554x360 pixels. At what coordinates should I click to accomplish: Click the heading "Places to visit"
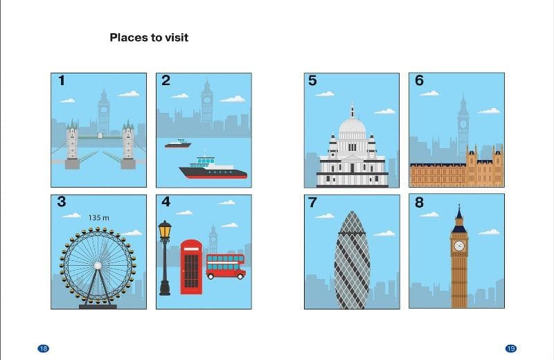149,37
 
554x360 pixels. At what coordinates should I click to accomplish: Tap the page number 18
43,349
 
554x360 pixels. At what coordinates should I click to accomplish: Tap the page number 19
510,349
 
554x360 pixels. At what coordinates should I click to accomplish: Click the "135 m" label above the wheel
98,217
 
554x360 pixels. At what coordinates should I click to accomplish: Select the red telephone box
191,267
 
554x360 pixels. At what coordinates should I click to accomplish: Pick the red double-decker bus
226,267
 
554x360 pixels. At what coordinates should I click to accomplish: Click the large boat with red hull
213,168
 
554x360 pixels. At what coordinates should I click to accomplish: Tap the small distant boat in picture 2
178,143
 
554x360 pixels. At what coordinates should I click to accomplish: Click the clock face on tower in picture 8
459,246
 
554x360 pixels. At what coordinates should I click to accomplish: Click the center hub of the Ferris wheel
98,265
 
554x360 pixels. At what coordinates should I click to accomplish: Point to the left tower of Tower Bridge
72,144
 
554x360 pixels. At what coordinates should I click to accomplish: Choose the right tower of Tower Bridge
128,144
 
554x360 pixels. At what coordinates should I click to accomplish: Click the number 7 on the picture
312,202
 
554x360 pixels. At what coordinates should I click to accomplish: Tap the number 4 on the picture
166,201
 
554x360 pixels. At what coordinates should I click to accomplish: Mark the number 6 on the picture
419,80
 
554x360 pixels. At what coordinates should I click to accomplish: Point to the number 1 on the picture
62,80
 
